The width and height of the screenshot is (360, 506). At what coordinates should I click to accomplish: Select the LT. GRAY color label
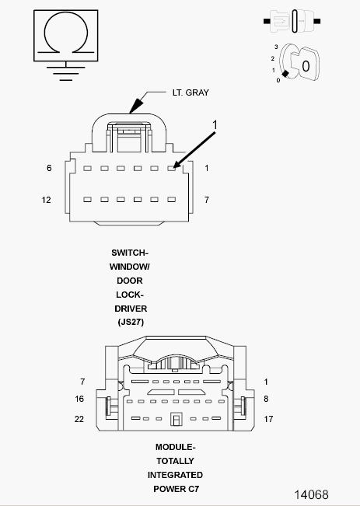tap(190, 92)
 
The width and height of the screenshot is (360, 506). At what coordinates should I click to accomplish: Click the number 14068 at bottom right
tap(311, 494)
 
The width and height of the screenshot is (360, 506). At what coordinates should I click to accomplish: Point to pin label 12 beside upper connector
tap(46, 200)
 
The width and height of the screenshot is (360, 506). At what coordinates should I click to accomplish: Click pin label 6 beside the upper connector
tap(49, 168)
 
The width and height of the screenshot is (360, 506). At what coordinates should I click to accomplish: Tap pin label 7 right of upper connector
tap(207, 200)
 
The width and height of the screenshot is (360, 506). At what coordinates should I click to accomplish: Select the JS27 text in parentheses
tap(131, 322)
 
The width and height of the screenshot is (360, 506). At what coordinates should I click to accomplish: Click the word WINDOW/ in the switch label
tap(130, 267)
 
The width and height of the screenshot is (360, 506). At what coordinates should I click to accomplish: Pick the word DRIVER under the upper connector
tap(131, 309)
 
